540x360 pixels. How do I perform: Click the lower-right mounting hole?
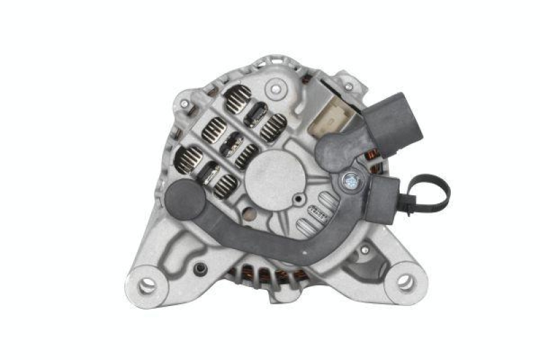click(x=405, y=283)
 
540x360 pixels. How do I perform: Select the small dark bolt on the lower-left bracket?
click(x=200, y=269)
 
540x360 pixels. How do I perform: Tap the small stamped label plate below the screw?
click(x=318, y=212)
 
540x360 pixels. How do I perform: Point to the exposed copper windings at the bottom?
click(x=263, y=275)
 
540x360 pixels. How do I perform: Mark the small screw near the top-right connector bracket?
click(x=348, y=87)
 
